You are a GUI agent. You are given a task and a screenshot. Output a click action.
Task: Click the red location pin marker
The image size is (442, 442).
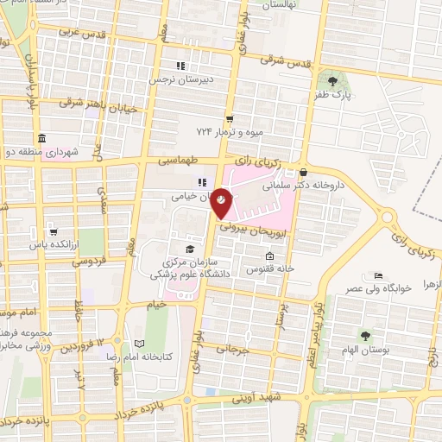222,201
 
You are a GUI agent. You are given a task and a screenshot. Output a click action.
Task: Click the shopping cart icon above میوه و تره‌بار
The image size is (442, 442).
229,118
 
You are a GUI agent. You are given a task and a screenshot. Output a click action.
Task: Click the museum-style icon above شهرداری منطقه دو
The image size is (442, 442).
41,138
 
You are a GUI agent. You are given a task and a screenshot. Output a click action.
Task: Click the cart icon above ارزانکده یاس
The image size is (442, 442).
54,231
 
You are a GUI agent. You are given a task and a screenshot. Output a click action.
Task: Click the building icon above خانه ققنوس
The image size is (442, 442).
270,256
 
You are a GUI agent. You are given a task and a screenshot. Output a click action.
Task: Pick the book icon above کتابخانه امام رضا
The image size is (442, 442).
140,343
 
